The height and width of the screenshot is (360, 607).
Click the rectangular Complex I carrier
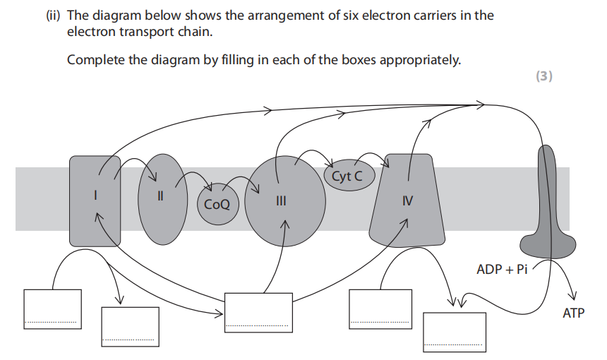[x=95, y=201]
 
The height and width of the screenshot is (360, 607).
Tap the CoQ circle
[x=218, y=204]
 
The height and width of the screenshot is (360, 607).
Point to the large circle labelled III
[x=285, y=201]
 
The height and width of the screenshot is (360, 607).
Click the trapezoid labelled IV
[x=407, y=201]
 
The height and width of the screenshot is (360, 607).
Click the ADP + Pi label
[x=502, y=269]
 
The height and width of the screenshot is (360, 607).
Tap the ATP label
[x=574, y=313]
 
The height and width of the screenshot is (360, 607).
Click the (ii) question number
[x=53, y=16]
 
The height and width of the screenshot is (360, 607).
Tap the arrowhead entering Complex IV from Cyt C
[x=385, y=164]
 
